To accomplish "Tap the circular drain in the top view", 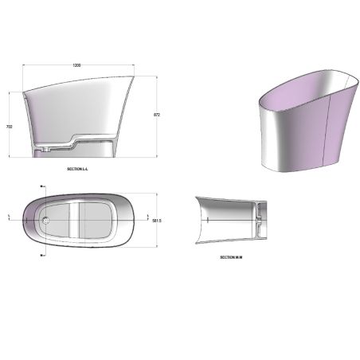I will pyautogui.click(x=47, y=217).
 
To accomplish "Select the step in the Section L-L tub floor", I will pyautogui.click(x=72, y=144).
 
